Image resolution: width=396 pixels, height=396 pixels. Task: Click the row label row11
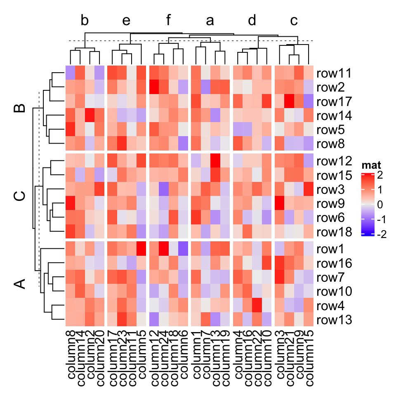[334, 74]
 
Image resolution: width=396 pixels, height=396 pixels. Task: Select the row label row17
[334, 102]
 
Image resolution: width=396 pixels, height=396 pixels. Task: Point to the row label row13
[334, 320]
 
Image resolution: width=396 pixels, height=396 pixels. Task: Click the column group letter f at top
[168, 21]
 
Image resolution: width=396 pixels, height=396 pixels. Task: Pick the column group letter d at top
[252, 21]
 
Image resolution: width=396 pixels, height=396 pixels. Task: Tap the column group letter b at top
[85, 21]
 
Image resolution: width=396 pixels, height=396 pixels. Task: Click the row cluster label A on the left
[19, 284]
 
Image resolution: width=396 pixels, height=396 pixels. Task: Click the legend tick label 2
[380, 175]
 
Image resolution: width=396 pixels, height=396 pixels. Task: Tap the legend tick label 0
[380, 205]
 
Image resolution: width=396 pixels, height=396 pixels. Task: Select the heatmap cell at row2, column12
[154, 88]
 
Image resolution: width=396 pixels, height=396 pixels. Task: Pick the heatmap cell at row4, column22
[257, 306]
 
